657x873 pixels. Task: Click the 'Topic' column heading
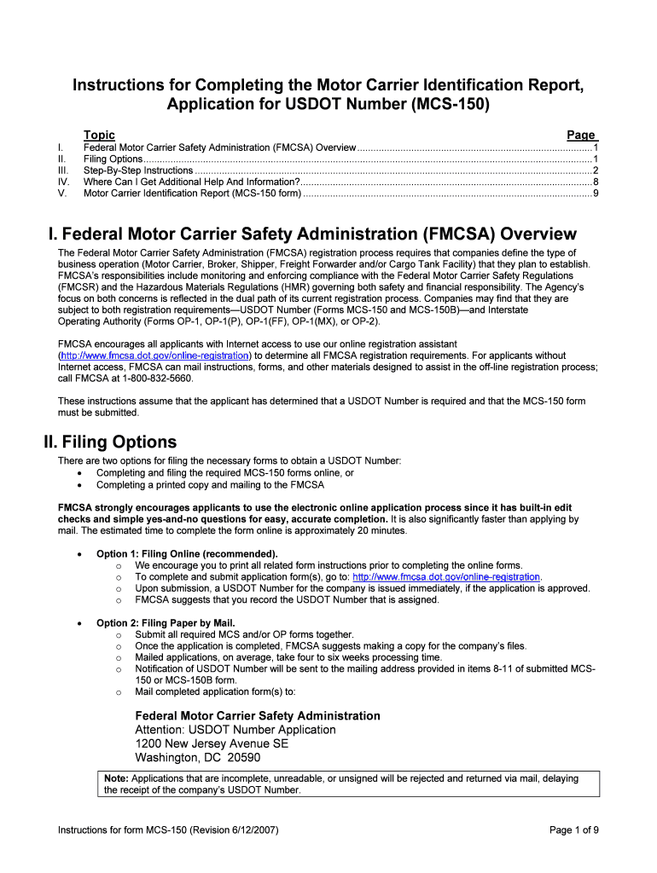pos(99,135)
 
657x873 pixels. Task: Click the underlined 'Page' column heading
pos(581,135)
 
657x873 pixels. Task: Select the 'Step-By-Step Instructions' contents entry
pos(138,171)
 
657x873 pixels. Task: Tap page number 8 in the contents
pos(595,182)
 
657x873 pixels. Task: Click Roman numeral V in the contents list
pos(61,194)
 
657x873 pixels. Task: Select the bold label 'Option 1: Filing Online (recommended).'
pos(187,554)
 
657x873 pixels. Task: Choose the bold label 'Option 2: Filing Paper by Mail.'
pos(166,623)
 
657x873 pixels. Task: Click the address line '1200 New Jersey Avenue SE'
pos(212,743)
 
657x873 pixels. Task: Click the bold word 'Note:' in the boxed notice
pos(116,778)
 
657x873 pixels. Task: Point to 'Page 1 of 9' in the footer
pos(573,830)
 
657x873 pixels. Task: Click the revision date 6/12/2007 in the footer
pos(249,830)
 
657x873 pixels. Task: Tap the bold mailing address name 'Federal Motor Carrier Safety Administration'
pos(258,716)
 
